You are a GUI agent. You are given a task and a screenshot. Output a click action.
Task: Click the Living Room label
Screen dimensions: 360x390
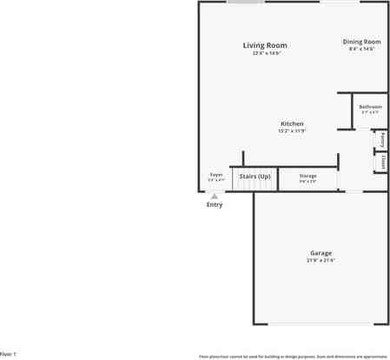(x=265, y=45)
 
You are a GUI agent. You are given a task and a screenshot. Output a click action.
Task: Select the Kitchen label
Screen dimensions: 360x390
(x=292, y=123)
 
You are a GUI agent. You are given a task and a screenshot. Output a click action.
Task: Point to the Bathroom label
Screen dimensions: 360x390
(x=370, y=106)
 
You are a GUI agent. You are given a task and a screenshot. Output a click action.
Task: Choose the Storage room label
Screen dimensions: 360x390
(x=307, y=176)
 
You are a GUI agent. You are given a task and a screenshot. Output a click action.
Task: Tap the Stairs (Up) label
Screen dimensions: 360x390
(x=254, y=177)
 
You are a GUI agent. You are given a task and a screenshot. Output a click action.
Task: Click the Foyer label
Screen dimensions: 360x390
(x=216, y=175)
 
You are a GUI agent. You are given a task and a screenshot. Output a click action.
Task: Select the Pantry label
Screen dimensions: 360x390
(x=381, y=139)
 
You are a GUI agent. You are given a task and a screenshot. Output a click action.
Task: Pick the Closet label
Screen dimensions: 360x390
(x=381, y=161)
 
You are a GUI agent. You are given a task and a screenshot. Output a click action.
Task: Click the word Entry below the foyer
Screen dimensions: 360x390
(x=215, y=205)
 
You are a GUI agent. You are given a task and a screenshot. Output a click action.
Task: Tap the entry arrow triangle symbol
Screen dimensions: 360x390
(x=215, y=197)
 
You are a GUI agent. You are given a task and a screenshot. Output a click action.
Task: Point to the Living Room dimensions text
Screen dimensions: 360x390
(x=265, y=53)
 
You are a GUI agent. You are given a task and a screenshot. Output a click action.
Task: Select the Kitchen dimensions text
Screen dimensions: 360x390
(x=292, y=131)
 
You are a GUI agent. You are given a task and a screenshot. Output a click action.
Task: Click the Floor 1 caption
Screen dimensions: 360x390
(x=8, y=355)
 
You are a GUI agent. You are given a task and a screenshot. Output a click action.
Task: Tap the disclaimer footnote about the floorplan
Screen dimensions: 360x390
(x=293, y=356)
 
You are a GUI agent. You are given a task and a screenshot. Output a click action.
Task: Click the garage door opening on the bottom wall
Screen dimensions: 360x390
(x=321, y=324)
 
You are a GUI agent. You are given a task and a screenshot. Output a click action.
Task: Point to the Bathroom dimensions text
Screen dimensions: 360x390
(x=370, y=112)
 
